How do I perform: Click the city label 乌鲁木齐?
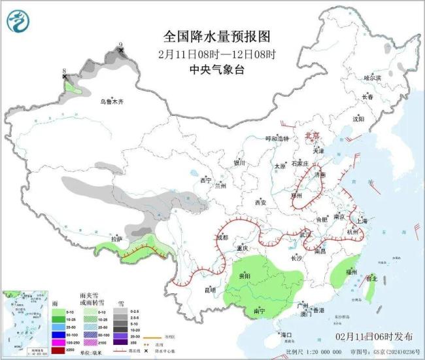[x=111, y=101]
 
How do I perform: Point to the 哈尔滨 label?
[x=372, y=77]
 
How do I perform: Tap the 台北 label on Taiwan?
[x=371, y=278]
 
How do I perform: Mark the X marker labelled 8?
[x=64, y=77]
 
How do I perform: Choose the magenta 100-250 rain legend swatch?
[x=59, y=342]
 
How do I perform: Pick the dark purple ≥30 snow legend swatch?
[x=120, y=342]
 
